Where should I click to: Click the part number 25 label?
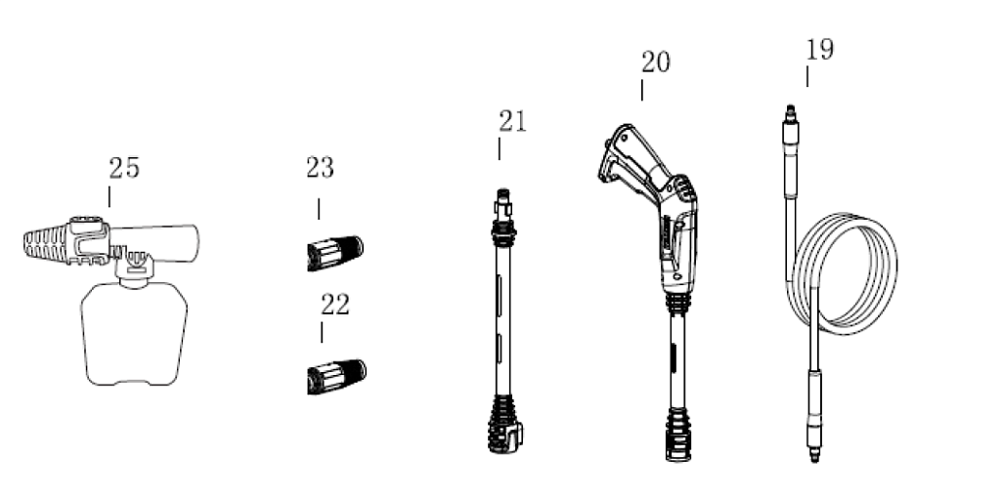124,168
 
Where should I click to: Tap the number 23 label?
320,168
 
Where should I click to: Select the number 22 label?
335,306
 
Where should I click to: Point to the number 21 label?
512,121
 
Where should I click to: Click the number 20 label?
656,62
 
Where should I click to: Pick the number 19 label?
819,50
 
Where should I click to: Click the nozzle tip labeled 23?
335,254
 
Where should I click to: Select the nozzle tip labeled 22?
336,377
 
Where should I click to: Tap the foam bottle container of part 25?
134,334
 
